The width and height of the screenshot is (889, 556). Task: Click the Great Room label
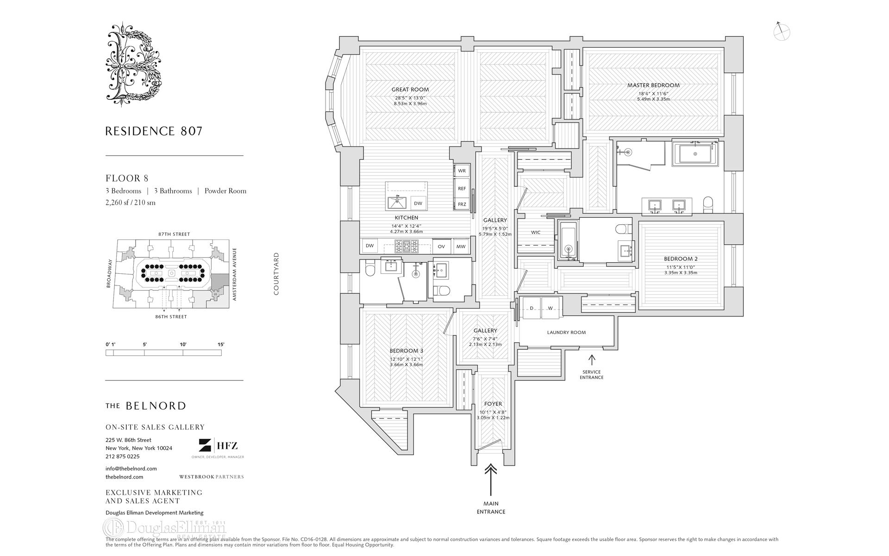[x=410, y=89]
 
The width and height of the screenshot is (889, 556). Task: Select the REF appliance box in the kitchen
[x=462, y=189]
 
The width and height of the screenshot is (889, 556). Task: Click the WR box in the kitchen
[x=462, y=171]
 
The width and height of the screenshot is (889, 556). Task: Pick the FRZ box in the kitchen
[x=462, y=204]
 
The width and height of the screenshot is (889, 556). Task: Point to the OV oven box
[x=441, y=246]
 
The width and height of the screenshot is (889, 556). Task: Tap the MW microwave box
[x=461, y=246]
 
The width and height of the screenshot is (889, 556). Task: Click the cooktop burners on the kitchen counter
[x=406, y=246]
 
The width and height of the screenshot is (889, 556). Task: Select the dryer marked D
[x=532, y=308]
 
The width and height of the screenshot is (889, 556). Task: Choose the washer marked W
[x=550, y=308]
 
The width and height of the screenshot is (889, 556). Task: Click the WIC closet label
[x=536, y=233]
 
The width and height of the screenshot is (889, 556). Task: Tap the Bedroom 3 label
[x=406, y=351]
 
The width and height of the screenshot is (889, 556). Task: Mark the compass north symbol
[x=782, y=31]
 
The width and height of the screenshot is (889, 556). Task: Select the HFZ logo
[x=218, y=446]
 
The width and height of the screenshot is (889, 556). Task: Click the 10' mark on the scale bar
[x=183, y=344]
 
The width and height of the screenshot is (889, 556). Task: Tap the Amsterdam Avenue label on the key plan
[x=235, y=274]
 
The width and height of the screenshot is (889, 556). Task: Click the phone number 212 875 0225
[x=122, y=456]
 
